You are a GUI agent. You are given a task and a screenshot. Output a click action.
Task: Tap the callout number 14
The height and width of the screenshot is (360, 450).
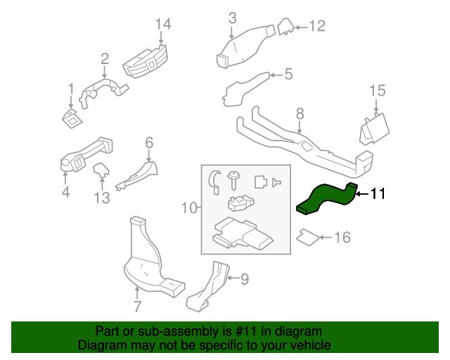click(x=163, y=25)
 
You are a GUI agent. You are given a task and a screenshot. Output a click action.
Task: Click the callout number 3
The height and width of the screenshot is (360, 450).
click(x=232, y=17)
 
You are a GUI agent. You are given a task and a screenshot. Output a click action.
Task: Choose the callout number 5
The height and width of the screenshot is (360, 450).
click(x=288, y=74)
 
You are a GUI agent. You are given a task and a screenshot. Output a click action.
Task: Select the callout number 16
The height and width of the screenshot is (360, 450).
click(x=342, y=238)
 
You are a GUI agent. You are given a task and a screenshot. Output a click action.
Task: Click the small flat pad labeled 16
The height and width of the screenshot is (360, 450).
click(x=307, y=236)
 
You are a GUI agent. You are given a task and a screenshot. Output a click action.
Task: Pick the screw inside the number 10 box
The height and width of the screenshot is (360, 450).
click(x=233, y=179)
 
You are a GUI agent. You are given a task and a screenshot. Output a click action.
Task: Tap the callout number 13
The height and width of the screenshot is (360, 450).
click(x=103, y=198)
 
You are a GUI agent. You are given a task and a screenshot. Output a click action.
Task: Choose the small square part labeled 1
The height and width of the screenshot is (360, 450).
click(x=70, y=118)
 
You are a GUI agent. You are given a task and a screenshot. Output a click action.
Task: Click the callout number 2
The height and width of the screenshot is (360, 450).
click(x=104, y=58)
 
